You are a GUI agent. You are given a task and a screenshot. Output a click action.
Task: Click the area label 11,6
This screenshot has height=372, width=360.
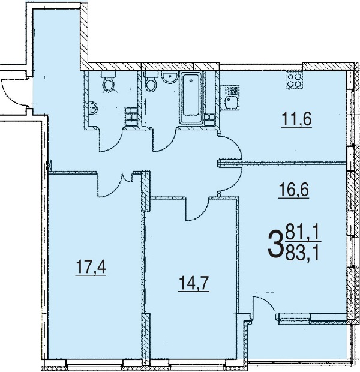point(296,119)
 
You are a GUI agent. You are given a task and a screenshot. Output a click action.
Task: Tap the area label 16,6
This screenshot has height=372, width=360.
point(294,191)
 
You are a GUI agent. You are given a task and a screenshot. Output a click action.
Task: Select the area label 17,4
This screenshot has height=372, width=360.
point(91,268)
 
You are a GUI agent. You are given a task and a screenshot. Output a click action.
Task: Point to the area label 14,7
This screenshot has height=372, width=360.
point(194,284)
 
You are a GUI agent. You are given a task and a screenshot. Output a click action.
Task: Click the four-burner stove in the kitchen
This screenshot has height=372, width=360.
point(294,81)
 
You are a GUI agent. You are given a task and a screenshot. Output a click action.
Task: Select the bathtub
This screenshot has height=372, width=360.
point(191,98)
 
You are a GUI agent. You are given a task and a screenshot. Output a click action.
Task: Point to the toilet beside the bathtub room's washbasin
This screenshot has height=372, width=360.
point(151,82)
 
